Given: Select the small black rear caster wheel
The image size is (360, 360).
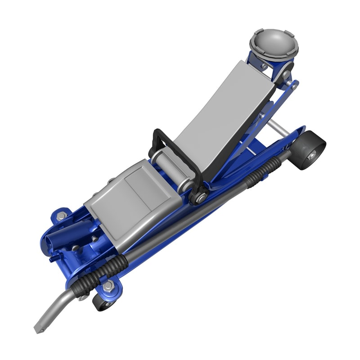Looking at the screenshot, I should (x=104, y=301).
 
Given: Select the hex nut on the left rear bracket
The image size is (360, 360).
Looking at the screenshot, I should (x=62, y=216).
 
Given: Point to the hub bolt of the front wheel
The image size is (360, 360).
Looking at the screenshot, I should (x=311, y=156).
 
